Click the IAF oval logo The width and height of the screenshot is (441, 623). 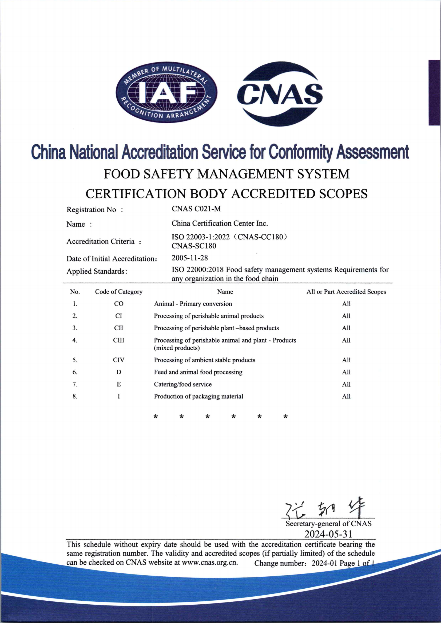(x=166, y=92)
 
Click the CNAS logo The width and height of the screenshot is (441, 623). (x=280, y=93)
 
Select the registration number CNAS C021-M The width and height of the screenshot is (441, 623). (x=196, y=209)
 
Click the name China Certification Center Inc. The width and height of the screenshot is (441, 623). (x=220, y=223)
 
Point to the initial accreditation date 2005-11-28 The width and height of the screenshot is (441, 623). (x=190, y=258)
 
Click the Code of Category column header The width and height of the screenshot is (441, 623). (x=119, y=292)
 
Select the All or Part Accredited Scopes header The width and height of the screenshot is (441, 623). (x=346, y=292)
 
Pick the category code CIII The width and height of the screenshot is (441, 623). (x=119, y=340)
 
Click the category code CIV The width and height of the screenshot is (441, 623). (x=119, y=360)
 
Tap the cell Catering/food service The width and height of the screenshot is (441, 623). (x=182, y=384)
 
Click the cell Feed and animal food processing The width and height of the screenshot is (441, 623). (x=198, y=372)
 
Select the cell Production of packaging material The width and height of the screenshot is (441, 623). (x=198, y=396)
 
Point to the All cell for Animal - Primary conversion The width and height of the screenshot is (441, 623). (x=346, y=304)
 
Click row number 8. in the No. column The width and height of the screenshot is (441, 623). (x=75, y=396)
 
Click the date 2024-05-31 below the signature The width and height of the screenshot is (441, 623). (x=328, y=534)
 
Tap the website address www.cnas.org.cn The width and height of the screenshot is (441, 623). (x=209, y=563)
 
